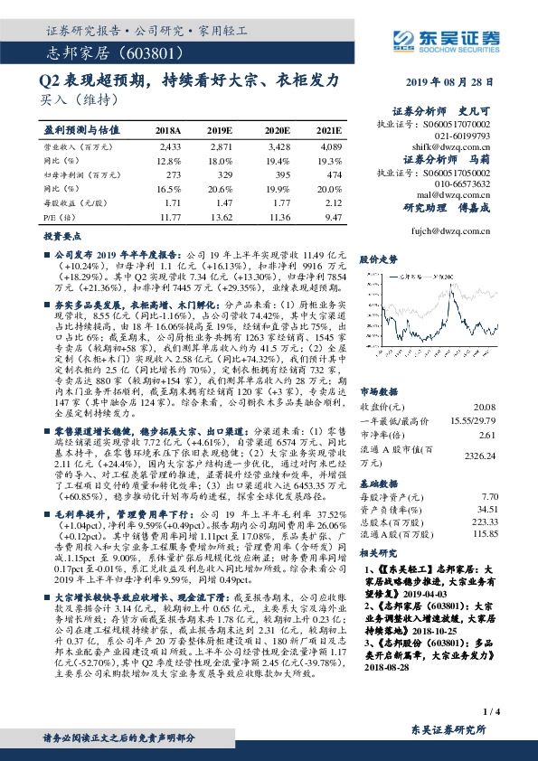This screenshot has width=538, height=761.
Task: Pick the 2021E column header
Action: click(329, 130)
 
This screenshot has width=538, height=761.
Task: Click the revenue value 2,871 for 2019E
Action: click(222, 146)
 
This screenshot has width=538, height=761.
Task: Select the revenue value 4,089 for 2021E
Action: click(331, 146)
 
